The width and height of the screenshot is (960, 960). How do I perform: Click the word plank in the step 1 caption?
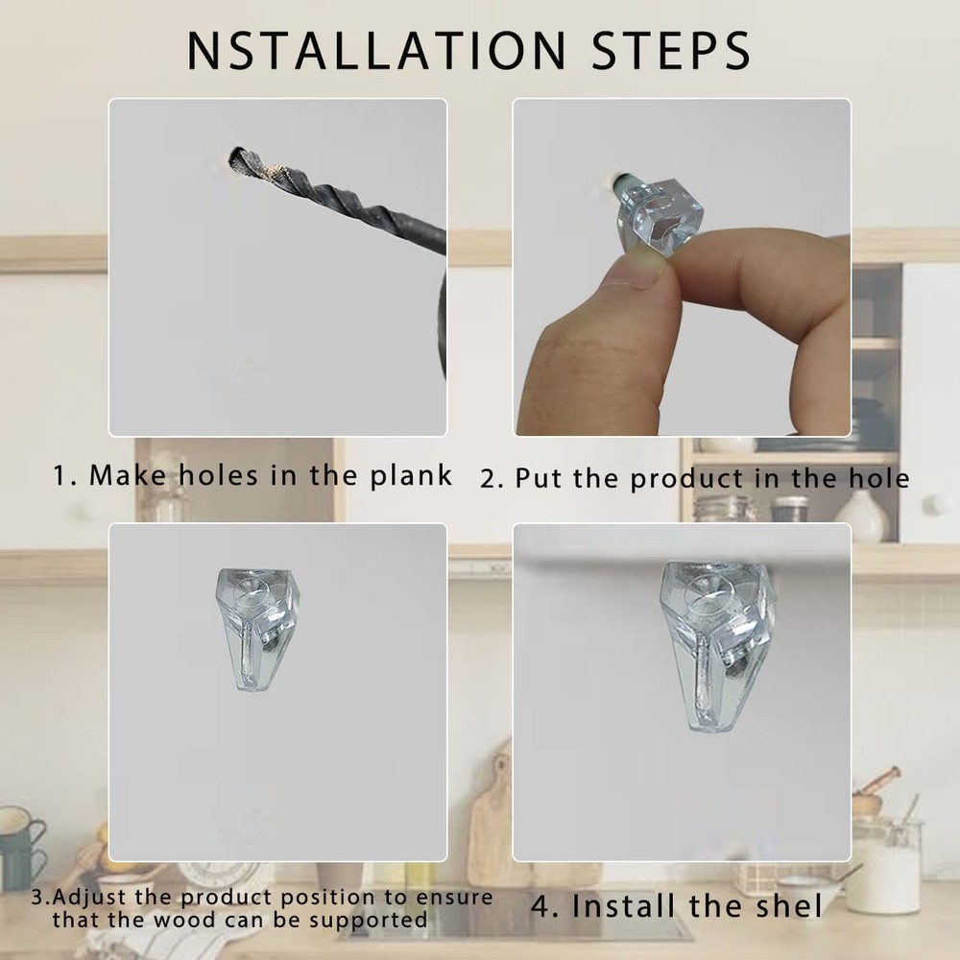coord(412,475)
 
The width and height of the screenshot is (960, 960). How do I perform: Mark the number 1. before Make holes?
coord(64,476)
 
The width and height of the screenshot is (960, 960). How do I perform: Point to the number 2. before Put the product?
coord(492,478)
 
